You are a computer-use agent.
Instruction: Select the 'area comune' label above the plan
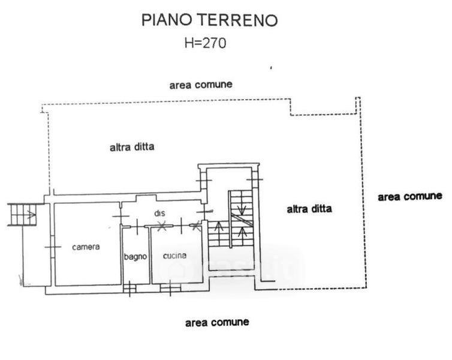[200, 85]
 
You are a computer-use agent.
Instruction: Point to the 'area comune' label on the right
[409, 196]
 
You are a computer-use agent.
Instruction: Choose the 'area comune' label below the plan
[216, 322]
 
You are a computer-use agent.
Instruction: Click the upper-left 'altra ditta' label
[132, 146]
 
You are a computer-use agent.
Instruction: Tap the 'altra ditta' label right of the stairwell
[309, 209]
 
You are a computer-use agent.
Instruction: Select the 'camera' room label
[86, 247]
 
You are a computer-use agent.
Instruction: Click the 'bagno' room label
[135, 257]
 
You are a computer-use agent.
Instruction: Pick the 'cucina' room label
[174, 255]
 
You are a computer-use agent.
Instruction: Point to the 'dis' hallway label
[159, 214]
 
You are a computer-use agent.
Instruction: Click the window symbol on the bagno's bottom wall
[129, 289]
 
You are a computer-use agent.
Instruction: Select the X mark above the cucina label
[161, 226]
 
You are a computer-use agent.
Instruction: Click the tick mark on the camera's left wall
[53, 246]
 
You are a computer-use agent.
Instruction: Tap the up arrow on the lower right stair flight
[241, 232]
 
